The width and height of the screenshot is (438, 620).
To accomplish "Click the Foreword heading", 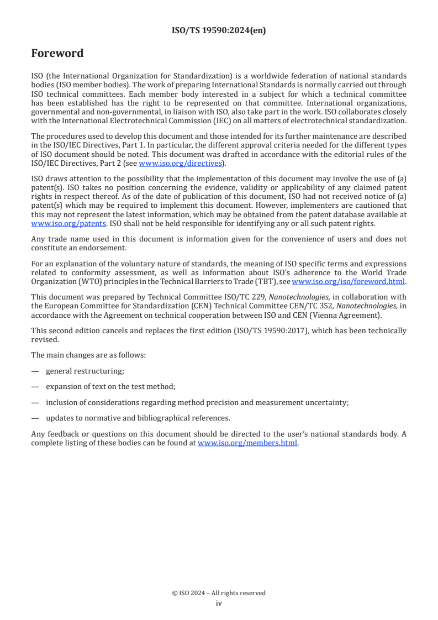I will pyautogui.click(x=57, y=54).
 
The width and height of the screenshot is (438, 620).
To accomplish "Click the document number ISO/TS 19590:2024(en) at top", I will pyautogui.click(x=219, y=31).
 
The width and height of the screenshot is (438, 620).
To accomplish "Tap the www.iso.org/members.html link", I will pyautogui.click(x=247, y=443).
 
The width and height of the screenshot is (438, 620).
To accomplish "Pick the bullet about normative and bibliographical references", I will pyautogui.click(x=138, y=418).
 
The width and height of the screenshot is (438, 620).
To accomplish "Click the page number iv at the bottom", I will pyautogui.click(x=219, y=603).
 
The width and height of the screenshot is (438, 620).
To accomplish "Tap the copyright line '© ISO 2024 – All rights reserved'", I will pyautogui.click(x=219, y=593).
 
